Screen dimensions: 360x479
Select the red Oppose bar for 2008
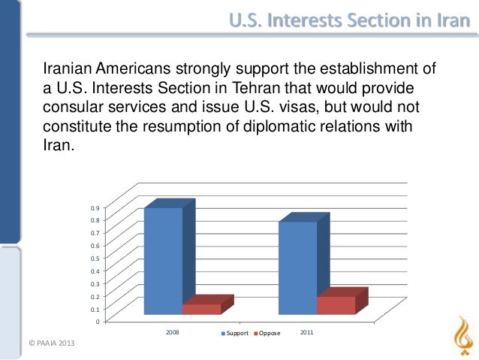(x=202, y=309)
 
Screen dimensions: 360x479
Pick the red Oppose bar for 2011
(x=336, y=305)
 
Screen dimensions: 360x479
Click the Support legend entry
(x=234, y=332)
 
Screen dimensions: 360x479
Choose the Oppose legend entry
(x=267, y=332)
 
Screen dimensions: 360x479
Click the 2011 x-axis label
(x=307, y=331)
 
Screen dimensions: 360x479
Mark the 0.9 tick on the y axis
(x=93, y=207)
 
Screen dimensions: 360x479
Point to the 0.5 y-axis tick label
(x=93, y=258)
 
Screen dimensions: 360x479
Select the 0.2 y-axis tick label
(x=93, y=296)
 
